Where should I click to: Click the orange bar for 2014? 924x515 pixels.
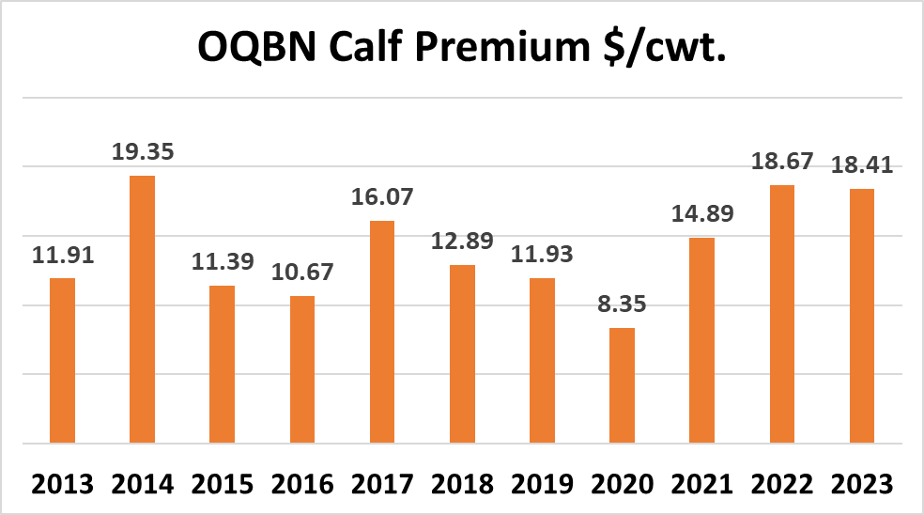point(142,309)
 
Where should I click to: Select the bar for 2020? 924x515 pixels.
point(622,385)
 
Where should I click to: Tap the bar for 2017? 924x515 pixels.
point(381,332)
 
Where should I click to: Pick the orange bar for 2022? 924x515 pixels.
point(781,314)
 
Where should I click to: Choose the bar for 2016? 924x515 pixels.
point(301,369)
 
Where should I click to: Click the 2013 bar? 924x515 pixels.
point(62,361)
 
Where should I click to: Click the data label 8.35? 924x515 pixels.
point(622,305)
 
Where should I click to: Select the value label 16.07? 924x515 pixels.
point(381,198)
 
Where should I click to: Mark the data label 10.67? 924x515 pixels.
point(301,273)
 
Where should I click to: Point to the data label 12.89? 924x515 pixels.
point(462,242)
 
